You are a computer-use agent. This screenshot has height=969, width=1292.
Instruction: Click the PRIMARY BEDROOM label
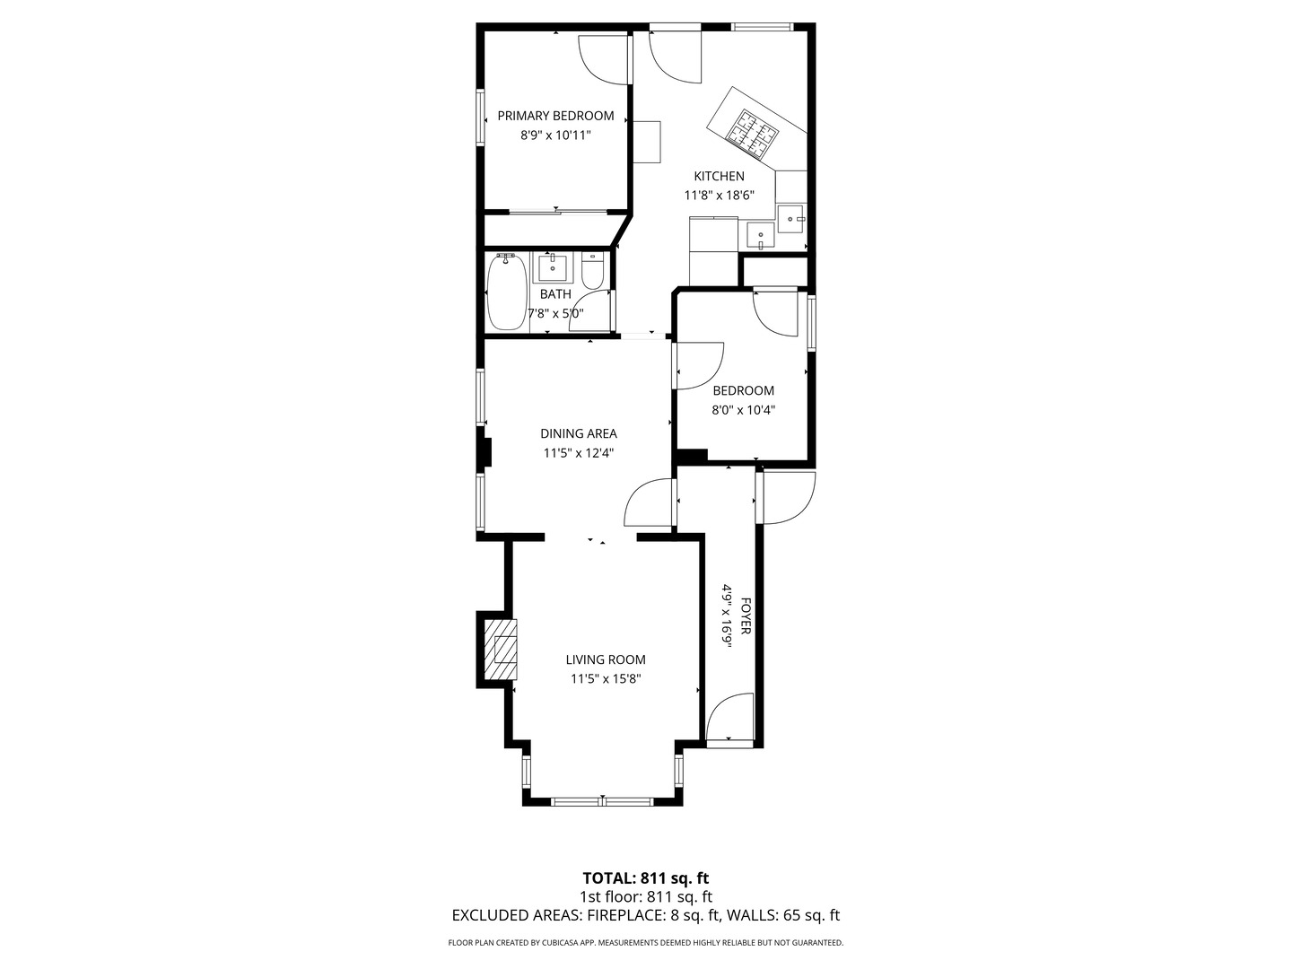point(555,116)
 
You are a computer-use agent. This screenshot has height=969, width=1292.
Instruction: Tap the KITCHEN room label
point(719,176)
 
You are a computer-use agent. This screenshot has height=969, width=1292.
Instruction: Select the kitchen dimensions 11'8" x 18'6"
point(719,195)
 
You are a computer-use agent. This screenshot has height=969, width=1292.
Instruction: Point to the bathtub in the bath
point(505,292)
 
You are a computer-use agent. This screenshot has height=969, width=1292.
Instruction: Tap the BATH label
point(555,293)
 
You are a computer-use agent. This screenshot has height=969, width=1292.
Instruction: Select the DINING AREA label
point(578,433)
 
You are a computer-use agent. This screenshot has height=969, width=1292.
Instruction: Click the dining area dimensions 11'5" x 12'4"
point(578,453)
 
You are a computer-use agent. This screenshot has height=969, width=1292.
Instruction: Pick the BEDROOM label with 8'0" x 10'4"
point(743,390)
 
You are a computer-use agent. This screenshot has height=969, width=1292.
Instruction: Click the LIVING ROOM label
point(605,659)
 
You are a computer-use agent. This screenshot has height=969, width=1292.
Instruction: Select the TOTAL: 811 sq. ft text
point(645,877)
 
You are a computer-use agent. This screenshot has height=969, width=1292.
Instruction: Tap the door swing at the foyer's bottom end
point(729,717)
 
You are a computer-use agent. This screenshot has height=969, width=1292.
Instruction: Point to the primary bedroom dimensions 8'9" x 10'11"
point(555,135)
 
